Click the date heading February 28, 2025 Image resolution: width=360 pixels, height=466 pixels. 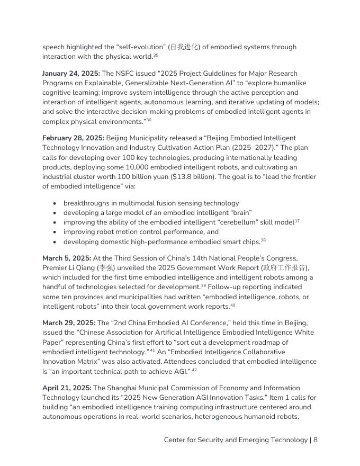(x=73, y=138)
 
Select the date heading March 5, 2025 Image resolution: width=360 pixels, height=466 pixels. (x=66, y=258)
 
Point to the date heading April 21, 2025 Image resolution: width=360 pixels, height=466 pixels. (x=67, y=388)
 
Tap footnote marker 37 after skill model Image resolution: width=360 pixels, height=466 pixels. (x=297, y=221)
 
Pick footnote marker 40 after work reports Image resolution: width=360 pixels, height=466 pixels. (x=232, y=305)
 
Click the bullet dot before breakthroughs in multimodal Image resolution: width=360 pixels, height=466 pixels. (x=56, y=203)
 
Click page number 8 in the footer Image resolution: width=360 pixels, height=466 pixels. (x=315, y=440)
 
